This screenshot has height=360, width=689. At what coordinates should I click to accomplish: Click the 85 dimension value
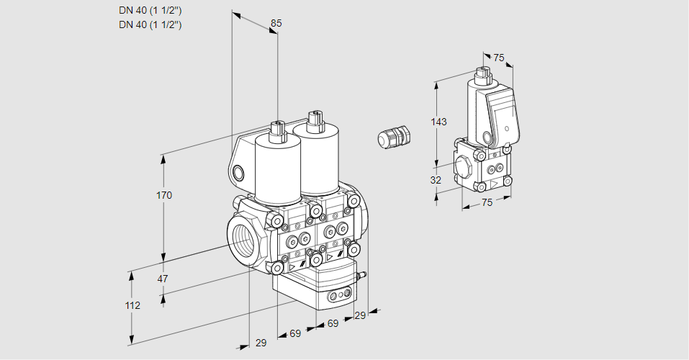click(x=276, y=24)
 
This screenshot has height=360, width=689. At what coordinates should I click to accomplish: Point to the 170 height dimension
click(x=164, y=195)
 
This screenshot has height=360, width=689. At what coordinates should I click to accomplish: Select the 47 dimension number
click(x=163, y=279)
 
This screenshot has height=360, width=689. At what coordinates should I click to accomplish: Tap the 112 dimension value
click(x=132, y=305)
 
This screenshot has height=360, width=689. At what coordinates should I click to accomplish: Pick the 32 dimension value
click(x=436, y=180)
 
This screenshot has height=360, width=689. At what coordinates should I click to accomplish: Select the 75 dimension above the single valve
click(x=499, y=58)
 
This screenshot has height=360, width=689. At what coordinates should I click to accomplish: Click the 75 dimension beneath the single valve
click(x=487, y=203)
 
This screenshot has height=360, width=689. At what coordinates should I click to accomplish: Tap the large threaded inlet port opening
click(x=242, y=238)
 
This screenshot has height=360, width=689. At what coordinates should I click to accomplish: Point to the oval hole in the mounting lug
click(x=238, y=172)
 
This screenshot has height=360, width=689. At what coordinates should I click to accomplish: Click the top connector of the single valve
click(x=482, y=73)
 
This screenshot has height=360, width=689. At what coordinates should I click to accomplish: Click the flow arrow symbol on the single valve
click(x=494, y=184)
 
